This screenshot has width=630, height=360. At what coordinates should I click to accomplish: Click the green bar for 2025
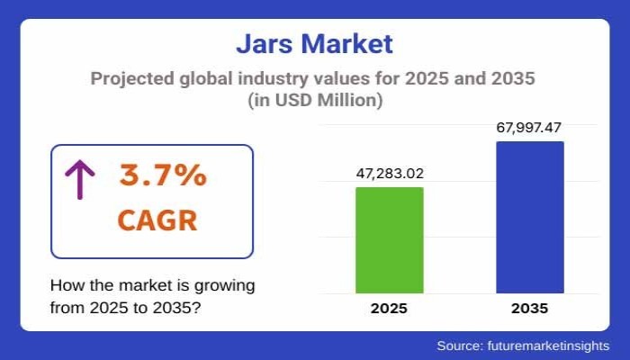(389, 239)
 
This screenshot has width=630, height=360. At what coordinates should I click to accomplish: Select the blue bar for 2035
(529, 217)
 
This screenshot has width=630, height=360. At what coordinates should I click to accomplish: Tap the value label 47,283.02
(389, 173)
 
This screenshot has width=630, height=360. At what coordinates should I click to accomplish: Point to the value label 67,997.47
(529, 127)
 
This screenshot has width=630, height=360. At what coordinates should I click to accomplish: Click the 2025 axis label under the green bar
(389, 308)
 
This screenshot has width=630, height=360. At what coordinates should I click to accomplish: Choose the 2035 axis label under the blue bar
(529, 308)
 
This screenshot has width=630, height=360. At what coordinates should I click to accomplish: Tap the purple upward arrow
(79, 179)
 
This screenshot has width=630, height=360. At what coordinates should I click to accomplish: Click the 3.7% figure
(163, 176)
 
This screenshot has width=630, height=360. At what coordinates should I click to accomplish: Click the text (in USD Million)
(314, 101)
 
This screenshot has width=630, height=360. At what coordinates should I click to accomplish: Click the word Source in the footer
(460, 346)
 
